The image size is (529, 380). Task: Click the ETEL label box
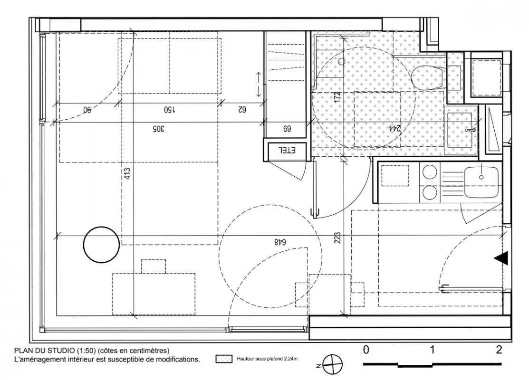tap(287, 150)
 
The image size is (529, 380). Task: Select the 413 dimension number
tap(127, 174)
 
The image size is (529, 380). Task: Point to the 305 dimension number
tap(158, 129)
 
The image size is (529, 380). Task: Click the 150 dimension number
tap(170, 110)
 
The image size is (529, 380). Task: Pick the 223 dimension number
tap(338, 237)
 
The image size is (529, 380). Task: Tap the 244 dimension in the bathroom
tap(394, 128)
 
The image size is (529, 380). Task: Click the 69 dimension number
tap(287, 129)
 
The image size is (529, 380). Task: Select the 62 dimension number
tap(242, 110)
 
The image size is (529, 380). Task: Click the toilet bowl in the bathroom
tap(427, 77)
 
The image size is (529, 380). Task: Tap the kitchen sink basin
tap(481, 182)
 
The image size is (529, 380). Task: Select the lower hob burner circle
tap(430, 193)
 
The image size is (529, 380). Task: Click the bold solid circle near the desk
tap(102, 245)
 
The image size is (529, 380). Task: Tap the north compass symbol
tap(332, 365)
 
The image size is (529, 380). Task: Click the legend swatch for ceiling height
tap(224, 359)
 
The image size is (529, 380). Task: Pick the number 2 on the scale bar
tap(499, 350)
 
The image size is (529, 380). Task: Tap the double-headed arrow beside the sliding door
tap(259, 84)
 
